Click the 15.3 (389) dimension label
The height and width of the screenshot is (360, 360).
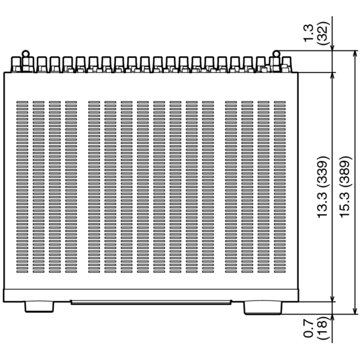pyautogui.click(x=346, y=187)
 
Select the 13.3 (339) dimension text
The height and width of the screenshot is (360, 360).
pyautogui.click(x=323, y=187)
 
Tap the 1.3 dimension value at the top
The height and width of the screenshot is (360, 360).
pyautogui.click(x=309, y=33)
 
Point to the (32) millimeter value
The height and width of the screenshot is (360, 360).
pyautogui.click(x=323, y=33)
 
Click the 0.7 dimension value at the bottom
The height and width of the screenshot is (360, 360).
pyautogui.click(x=309, y=329)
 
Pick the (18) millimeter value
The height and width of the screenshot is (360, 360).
pyautogui.click(x=323, y=329)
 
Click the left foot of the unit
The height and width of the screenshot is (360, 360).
pyautogui.click(x=39, y=307)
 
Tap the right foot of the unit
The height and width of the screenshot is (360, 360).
pyautogui.click(x=263, y=308)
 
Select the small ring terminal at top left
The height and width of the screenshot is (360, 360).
pyautogui.click(x=26, y=54)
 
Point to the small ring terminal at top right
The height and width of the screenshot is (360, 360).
pyautogui.click(x=277, y=54)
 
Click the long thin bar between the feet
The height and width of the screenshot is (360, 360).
pyautogui.click(x=151, y=302)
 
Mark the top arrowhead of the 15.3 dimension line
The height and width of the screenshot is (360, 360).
pyautogui.click(x=355, y=54)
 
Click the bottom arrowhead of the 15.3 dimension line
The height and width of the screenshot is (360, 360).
pyautogui.click(x=355, y=311)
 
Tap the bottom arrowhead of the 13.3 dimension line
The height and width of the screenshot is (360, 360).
pyautogui.click(x=332, y=298)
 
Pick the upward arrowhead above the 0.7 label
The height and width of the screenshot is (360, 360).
pyautogui.click(x=332, y=318)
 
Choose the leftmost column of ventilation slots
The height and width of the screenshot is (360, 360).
pyautogui.click(x=22, y=187)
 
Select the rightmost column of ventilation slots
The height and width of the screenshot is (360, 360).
pyautogui.click(x=280, y=187)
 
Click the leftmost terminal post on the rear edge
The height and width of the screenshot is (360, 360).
pyautogui.click(x=16, y=65)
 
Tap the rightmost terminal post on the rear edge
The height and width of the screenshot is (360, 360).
pyautogui.click(x=287, y=65)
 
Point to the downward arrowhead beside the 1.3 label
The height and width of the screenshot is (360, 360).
pyautogui.click(x=332, y=47)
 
